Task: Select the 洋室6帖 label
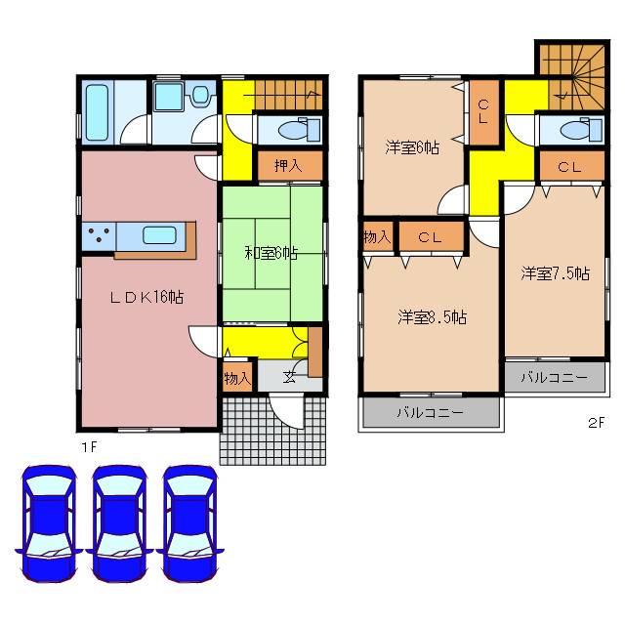point(411,147)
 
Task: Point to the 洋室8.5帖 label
point(431,316)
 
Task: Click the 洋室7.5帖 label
point(554,274)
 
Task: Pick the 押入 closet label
point(286,165)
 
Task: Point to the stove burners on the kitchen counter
point(98,234)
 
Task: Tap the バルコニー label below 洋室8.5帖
point(430,413)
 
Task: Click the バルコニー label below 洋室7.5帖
point(553,377)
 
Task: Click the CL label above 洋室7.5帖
point(569,167)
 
